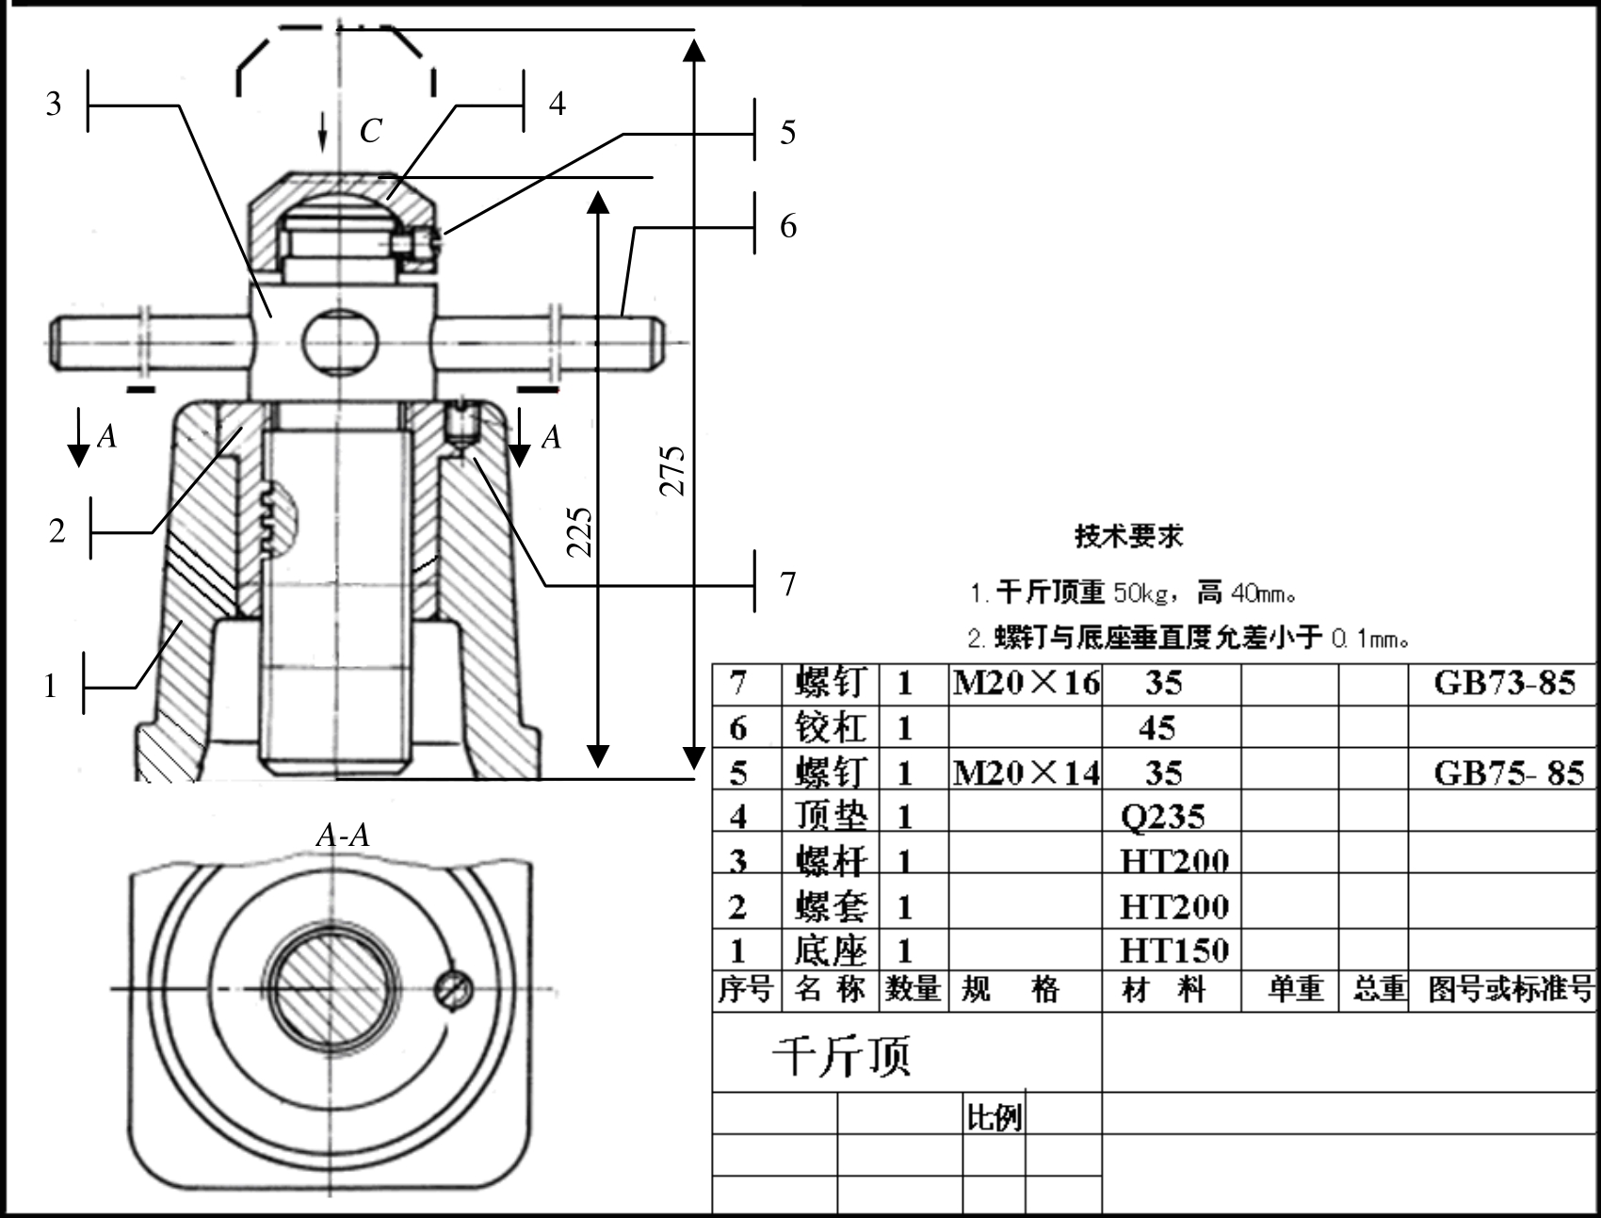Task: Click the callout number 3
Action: click(x=54, y=103)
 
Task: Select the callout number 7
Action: click(x=788, y=584)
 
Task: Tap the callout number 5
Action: click(x=788, y=132)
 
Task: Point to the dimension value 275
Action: click(x=671, y=469)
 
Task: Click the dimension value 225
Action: click(x=579, y=532)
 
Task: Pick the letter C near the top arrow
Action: click(x=370, y=131)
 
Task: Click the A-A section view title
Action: click(x=343, y=835)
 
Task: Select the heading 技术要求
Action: click(x=1128, y=536)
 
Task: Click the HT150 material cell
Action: click(x=1174, y=950)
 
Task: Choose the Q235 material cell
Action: click(x=1162, y=815)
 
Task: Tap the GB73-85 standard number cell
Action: click(x=1504, y=682)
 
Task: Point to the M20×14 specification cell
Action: click(x=1026, y=772)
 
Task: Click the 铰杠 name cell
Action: click(x=830, y=727)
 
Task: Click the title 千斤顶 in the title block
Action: click(x=842, y=1055)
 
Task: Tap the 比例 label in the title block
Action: click(x=995, y=1117)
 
